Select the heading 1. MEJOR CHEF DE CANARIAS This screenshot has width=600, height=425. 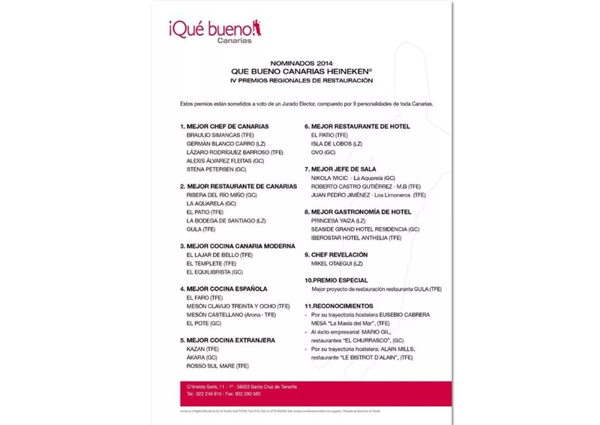click(224, 126)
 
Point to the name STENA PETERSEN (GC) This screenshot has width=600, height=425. click(219, 169)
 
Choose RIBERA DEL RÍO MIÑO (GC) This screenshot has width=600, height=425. click(221, 195)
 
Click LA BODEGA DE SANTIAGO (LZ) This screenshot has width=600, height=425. click(226, 220)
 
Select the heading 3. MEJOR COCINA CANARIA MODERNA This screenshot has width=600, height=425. click(238, 246)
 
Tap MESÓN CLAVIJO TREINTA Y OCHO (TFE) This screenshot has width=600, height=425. click(237, 306)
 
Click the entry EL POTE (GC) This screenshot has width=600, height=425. click(203, 323)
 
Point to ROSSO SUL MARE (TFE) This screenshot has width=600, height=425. click(217, 366)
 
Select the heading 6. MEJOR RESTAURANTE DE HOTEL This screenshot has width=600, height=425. click(357, 126)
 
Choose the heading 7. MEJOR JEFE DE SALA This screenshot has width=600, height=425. click(340, 169)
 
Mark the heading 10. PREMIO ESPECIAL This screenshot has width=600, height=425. click(337, 280)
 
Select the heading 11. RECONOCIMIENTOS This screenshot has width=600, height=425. click(337, 306)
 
